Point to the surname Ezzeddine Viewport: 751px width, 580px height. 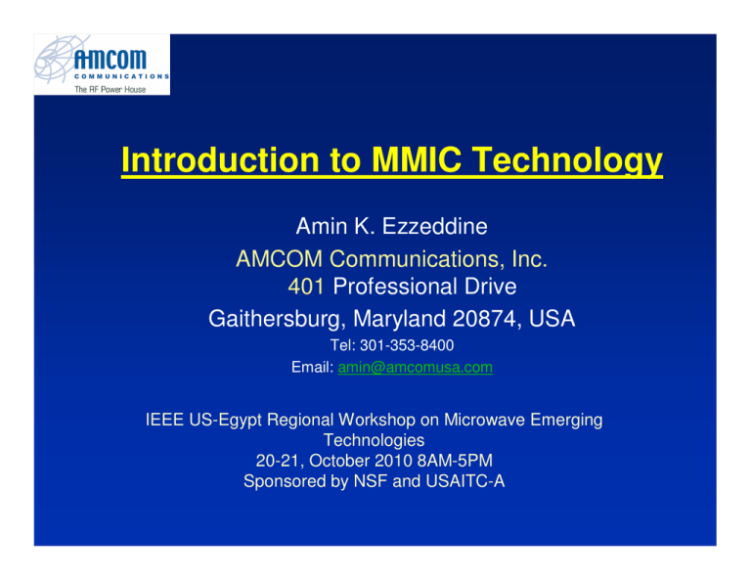[428, 228]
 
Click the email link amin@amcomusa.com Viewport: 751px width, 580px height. [415, 367]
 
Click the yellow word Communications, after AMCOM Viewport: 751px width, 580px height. [421, 259]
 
